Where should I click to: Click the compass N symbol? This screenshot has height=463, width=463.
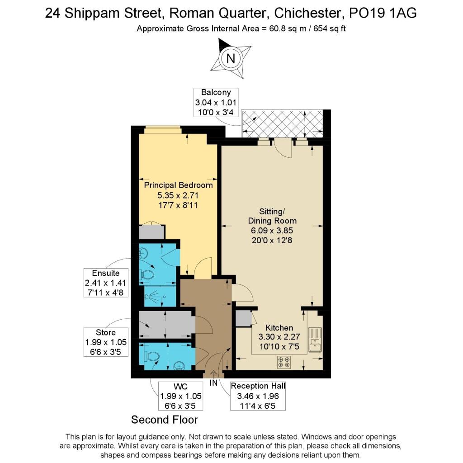pos(231,58)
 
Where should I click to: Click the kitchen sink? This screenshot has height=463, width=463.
pos(314,339)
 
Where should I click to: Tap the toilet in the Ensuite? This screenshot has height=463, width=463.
pos(148,274)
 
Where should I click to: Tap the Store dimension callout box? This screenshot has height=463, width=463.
pos(106,343)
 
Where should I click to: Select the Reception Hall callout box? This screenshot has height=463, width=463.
pos(258,396)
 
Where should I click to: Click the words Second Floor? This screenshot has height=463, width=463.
pos(165,420)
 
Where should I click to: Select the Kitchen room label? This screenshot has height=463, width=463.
pos(279,328)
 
